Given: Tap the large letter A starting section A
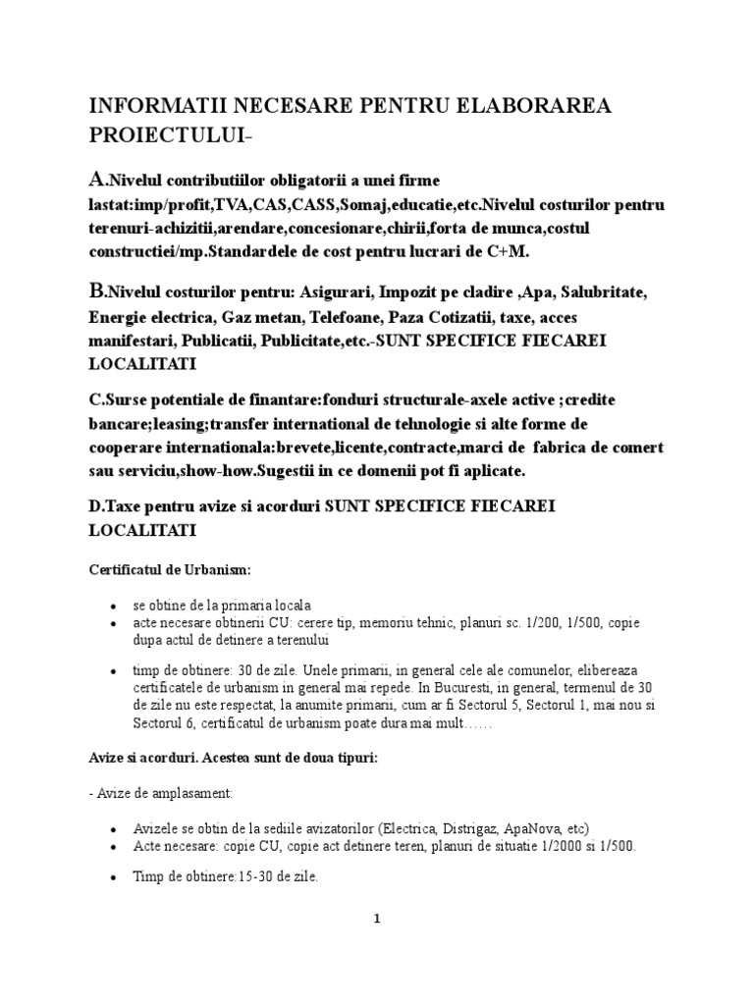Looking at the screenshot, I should coord(97,180).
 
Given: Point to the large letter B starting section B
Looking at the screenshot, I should coord(97,292).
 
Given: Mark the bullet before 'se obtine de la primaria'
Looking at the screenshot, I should coord(115,607).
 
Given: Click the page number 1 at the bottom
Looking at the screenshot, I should coord(376,920).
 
